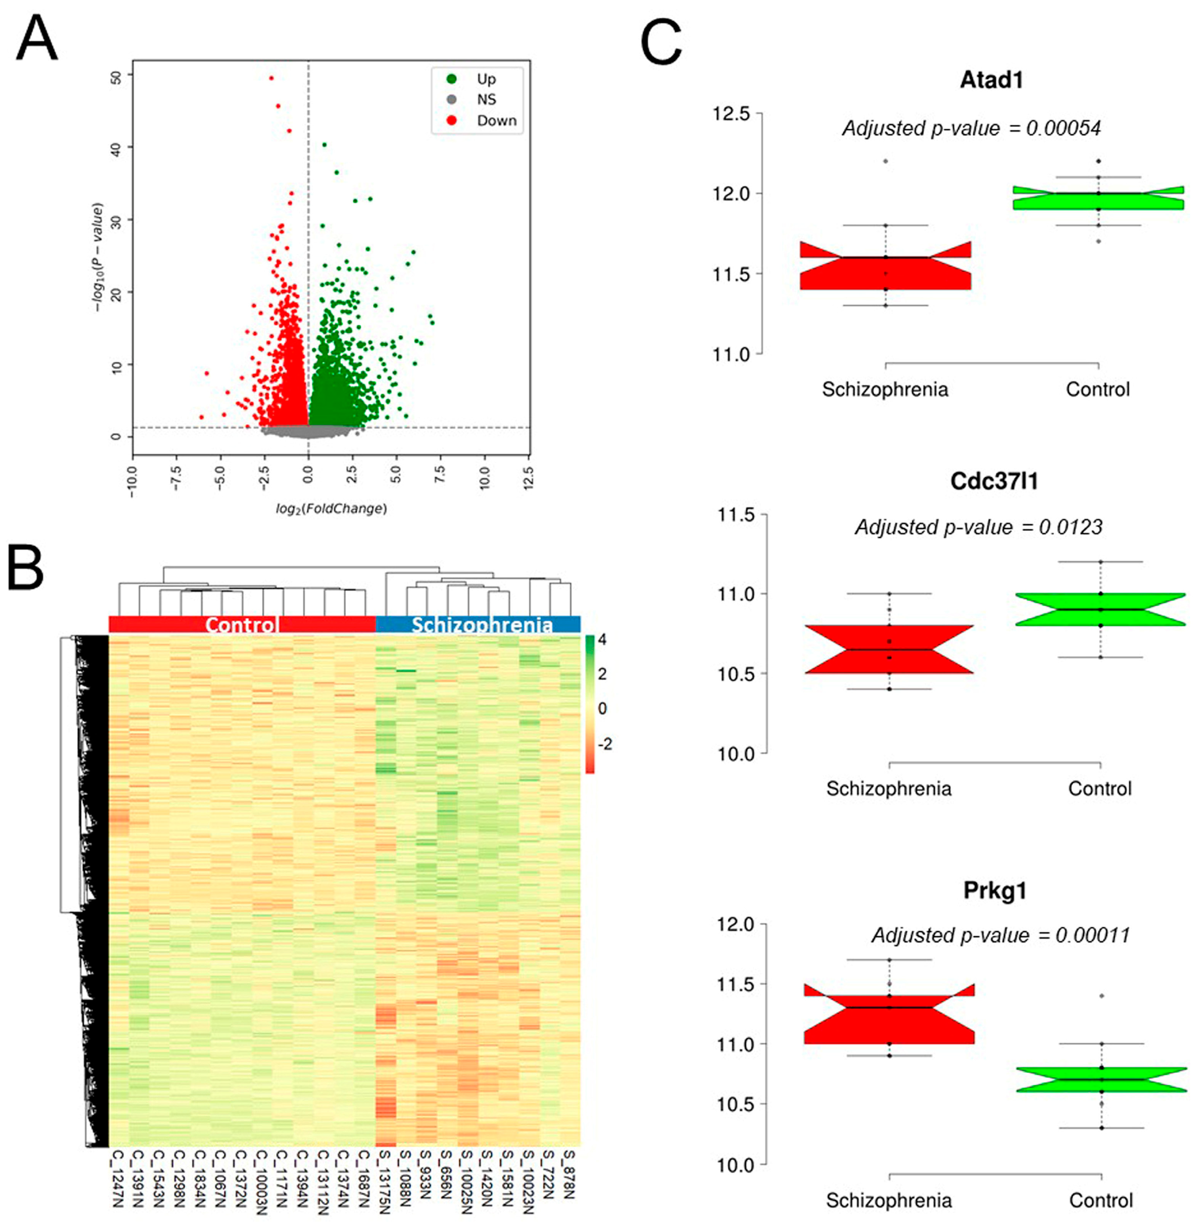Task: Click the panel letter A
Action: click(36, 39)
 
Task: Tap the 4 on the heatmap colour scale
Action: click(602, 640)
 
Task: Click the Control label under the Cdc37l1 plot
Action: click(1100, 788)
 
